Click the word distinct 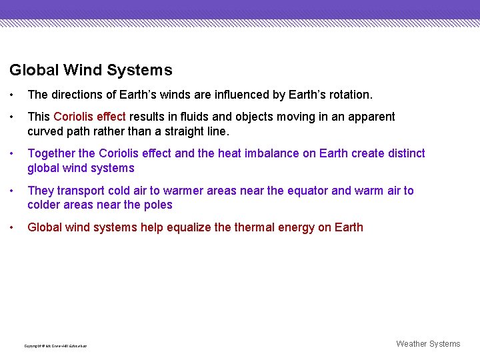click(403, 153)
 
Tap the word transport click(79, 191)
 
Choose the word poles click(158, 205)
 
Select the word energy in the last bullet click(296, 227)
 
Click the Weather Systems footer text click(428, 344)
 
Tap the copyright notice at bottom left click(55, 346)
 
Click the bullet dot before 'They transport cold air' click(13, 191)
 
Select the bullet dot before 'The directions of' click(13, 95)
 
